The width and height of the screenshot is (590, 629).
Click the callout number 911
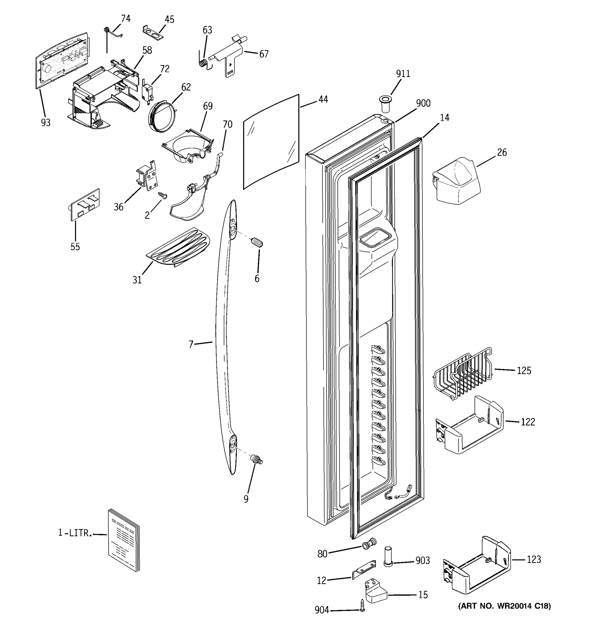coord(403,74)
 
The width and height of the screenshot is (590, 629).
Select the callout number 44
coord(323,99)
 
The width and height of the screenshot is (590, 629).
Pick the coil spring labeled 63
coord(204,63)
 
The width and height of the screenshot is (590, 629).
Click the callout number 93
coord(46,122)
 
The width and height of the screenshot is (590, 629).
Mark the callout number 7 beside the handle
coord(191,344)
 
